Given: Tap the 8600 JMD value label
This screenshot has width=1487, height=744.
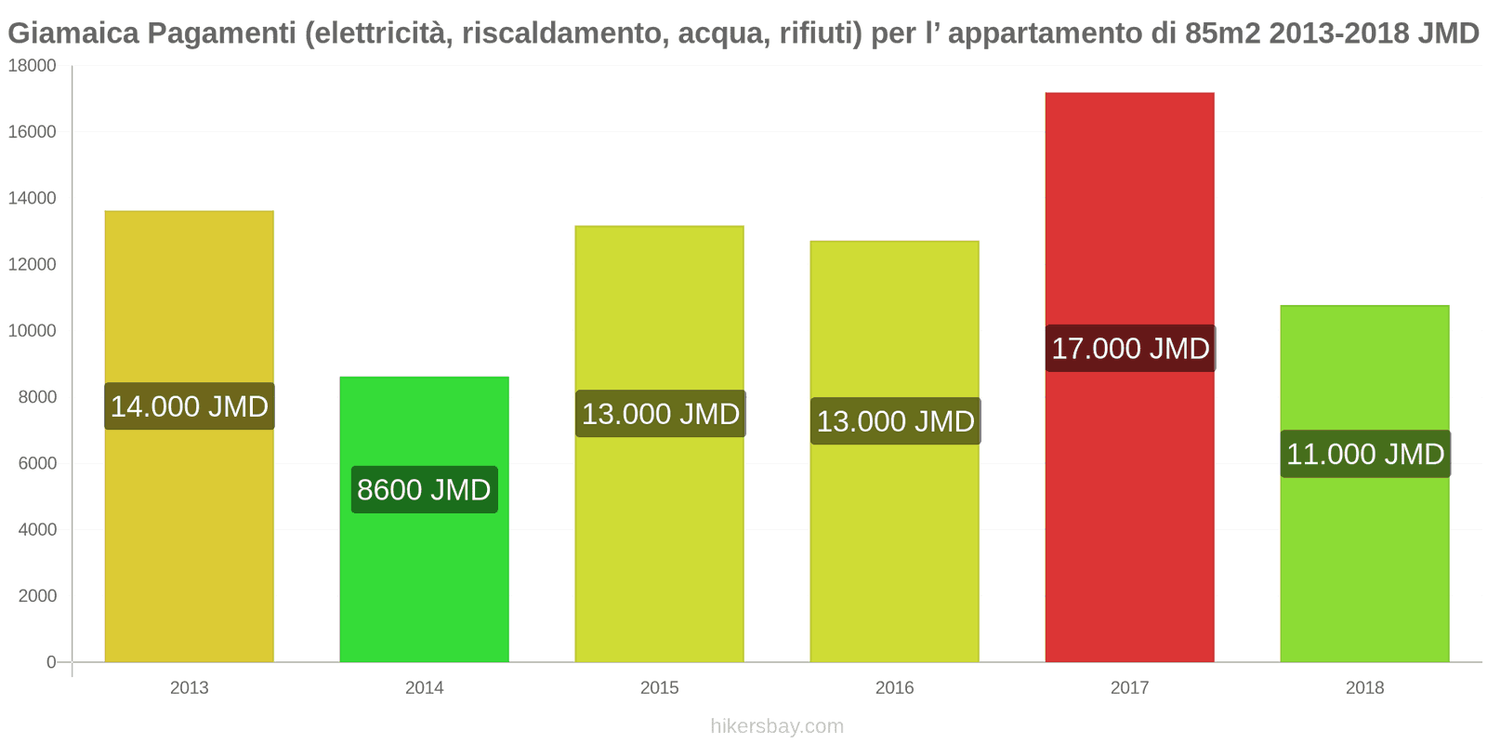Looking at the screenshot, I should [424, 489].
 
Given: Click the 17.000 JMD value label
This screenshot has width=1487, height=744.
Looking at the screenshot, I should [1130, 349].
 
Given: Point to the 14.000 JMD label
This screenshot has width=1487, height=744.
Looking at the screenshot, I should [190, 406].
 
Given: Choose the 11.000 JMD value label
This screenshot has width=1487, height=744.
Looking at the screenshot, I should [1365, 454].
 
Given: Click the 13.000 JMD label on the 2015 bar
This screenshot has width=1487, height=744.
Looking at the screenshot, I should [660, 414].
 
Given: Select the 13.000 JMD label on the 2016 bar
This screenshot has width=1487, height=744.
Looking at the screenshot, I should [895, 421].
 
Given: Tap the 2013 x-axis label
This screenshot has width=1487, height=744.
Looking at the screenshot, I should [190, 687].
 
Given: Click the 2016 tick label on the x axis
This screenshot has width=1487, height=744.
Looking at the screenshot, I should [894, 687].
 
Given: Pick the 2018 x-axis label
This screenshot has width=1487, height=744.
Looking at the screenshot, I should [1364, 687].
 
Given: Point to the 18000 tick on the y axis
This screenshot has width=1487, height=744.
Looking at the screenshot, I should [33, 66].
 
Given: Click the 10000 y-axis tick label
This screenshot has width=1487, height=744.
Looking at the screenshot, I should [33, 331].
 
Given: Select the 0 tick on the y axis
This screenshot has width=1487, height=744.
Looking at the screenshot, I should [51, 662].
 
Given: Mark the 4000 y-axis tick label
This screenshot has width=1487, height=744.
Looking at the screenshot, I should [37, 529].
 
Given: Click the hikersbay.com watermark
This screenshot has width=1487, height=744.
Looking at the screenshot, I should [777, 725].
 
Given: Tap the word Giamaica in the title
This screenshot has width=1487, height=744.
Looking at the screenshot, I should [72, 33].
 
